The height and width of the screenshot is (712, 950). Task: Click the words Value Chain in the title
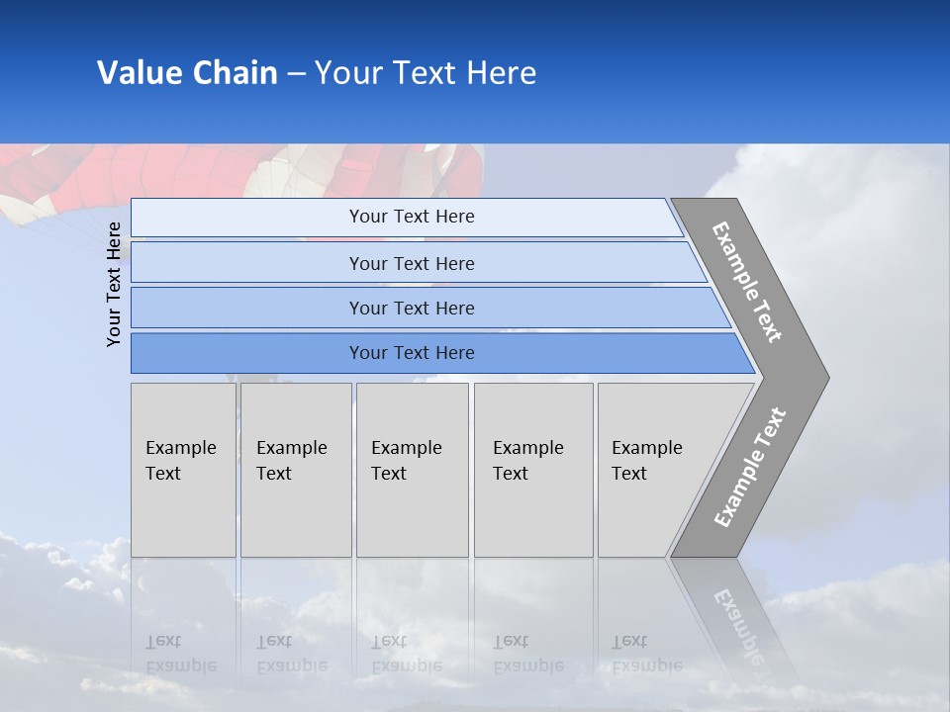[187, 73]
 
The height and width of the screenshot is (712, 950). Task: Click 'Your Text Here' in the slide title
[426, 73]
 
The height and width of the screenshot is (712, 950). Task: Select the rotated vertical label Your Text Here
[114, 284]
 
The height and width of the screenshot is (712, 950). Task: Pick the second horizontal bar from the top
[411, 263]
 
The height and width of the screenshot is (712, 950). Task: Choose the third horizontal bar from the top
[411, 308]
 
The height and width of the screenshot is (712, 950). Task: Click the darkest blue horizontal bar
[411, 353]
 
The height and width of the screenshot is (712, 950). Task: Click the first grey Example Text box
[183, 470]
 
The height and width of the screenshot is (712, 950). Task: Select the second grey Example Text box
[295, 470]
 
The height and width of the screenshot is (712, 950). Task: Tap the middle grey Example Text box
[412, 470]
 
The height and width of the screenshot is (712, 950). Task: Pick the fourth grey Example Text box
[532, 470]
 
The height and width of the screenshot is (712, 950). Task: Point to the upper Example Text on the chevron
[747, 283]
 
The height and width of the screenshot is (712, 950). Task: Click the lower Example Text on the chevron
[750, 467]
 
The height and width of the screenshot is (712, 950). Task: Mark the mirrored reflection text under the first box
[181, 654]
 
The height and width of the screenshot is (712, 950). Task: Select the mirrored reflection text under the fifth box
[646, 654]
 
